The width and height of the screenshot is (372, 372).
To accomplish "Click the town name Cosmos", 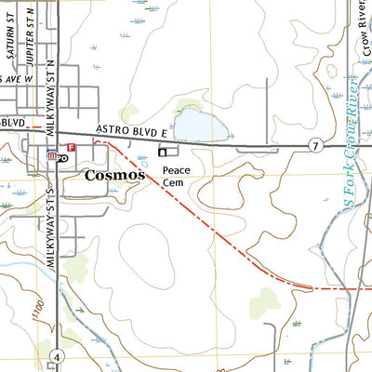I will tap(115, 175).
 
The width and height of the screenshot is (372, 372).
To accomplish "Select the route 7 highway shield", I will tap(316, 146).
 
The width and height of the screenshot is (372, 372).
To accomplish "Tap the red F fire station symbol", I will tap(71, 147).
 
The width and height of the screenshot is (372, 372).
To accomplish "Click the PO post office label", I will tap(62, 158).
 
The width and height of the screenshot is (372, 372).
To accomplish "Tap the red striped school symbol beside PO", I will tap(52, 157).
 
